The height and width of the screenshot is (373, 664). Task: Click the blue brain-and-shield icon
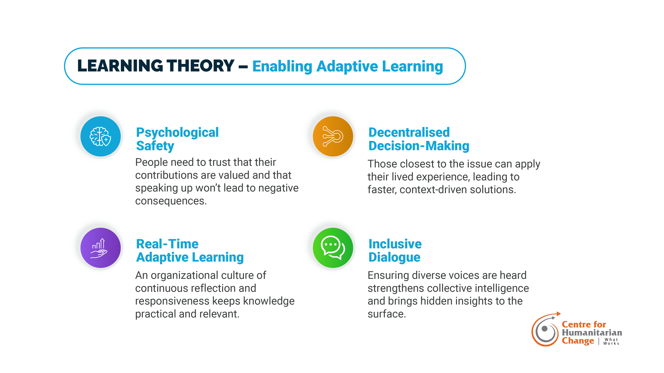101,136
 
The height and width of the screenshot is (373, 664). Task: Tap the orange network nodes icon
333,136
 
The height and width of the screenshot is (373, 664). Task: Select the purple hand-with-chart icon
101,248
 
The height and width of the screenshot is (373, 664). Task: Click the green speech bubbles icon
333,248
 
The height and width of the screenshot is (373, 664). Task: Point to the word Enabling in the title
282,67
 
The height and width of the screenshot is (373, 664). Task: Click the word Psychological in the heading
177,133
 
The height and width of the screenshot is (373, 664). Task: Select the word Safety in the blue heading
155,146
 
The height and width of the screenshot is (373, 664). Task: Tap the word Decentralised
409,133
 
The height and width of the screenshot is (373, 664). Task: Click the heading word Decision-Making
419,146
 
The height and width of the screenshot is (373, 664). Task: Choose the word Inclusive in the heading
395,244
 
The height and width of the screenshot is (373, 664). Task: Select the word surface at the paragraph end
387,314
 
